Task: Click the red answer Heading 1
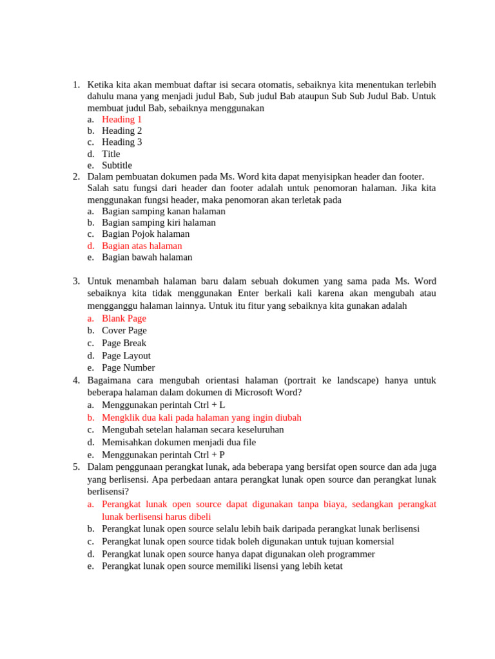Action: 122,119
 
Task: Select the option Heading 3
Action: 122,142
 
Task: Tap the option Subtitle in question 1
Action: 117,165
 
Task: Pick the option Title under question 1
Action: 111,154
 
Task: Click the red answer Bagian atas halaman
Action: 142,246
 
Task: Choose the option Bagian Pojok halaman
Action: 146,234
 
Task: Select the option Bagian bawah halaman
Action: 147,257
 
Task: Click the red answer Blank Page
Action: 124,319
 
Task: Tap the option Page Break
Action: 124,343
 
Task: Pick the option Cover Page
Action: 124,331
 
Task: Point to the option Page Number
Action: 128,368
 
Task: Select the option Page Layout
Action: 126,356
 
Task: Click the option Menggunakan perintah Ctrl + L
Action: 163,405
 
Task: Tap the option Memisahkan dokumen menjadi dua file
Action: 179,442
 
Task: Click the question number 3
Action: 75,282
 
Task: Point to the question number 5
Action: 75,467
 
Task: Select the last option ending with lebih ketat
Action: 222,566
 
